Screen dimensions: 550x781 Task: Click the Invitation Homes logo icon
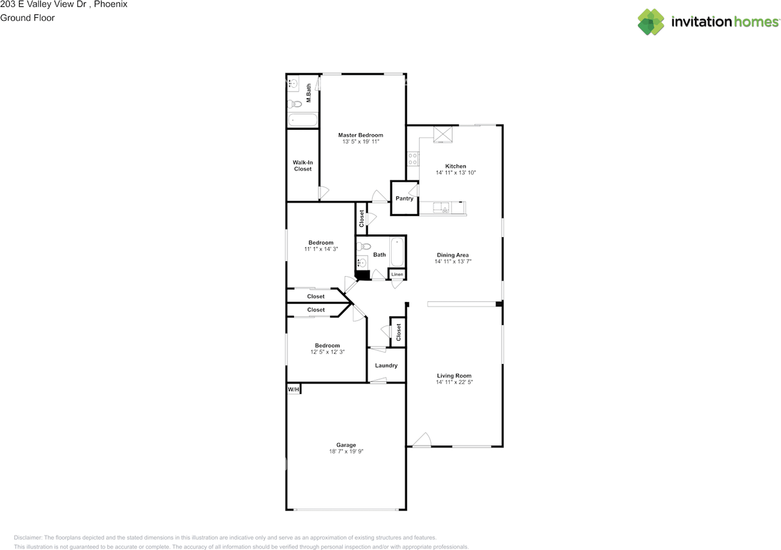click(x=650, y=22)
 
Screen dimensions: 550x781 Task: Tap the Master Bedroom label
click(x=361, y=135)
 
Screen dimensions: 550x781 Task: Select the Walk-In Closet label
click(x=303, y=165)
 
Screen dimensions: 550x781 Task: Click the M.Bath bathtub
click(x=303, y=120)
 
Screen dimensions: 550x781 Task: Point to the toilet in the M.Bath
click(x=295, y=104)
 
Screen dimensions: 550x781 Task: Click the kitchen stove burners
click(x=413, y=159)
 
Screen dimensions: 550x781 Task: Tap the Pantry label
click(x=404, y=198)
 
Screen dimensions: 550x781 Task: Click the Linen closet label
click(x=397, y=274)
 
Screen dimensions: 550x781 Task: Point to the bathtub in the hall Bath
click(x=397, y=251)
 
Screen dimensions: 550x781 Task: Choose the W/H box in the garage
click(x=293, y=389)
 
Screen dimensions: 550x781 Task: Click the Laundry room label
click(x=386, y=365)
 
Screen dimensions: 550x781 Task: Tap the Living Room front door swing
click(x=422, y=440)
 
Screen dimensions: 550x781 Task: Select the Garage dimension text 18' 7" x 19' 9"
click(x=346, y=452)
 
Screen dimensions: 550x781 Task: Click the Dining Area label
click(x=452, y=255)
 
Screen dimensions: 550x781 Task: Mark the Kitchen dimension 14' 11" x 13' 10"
click(x=455, y=173)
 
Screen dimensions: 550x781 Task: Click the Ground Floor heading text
click(x=27, y=18)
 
